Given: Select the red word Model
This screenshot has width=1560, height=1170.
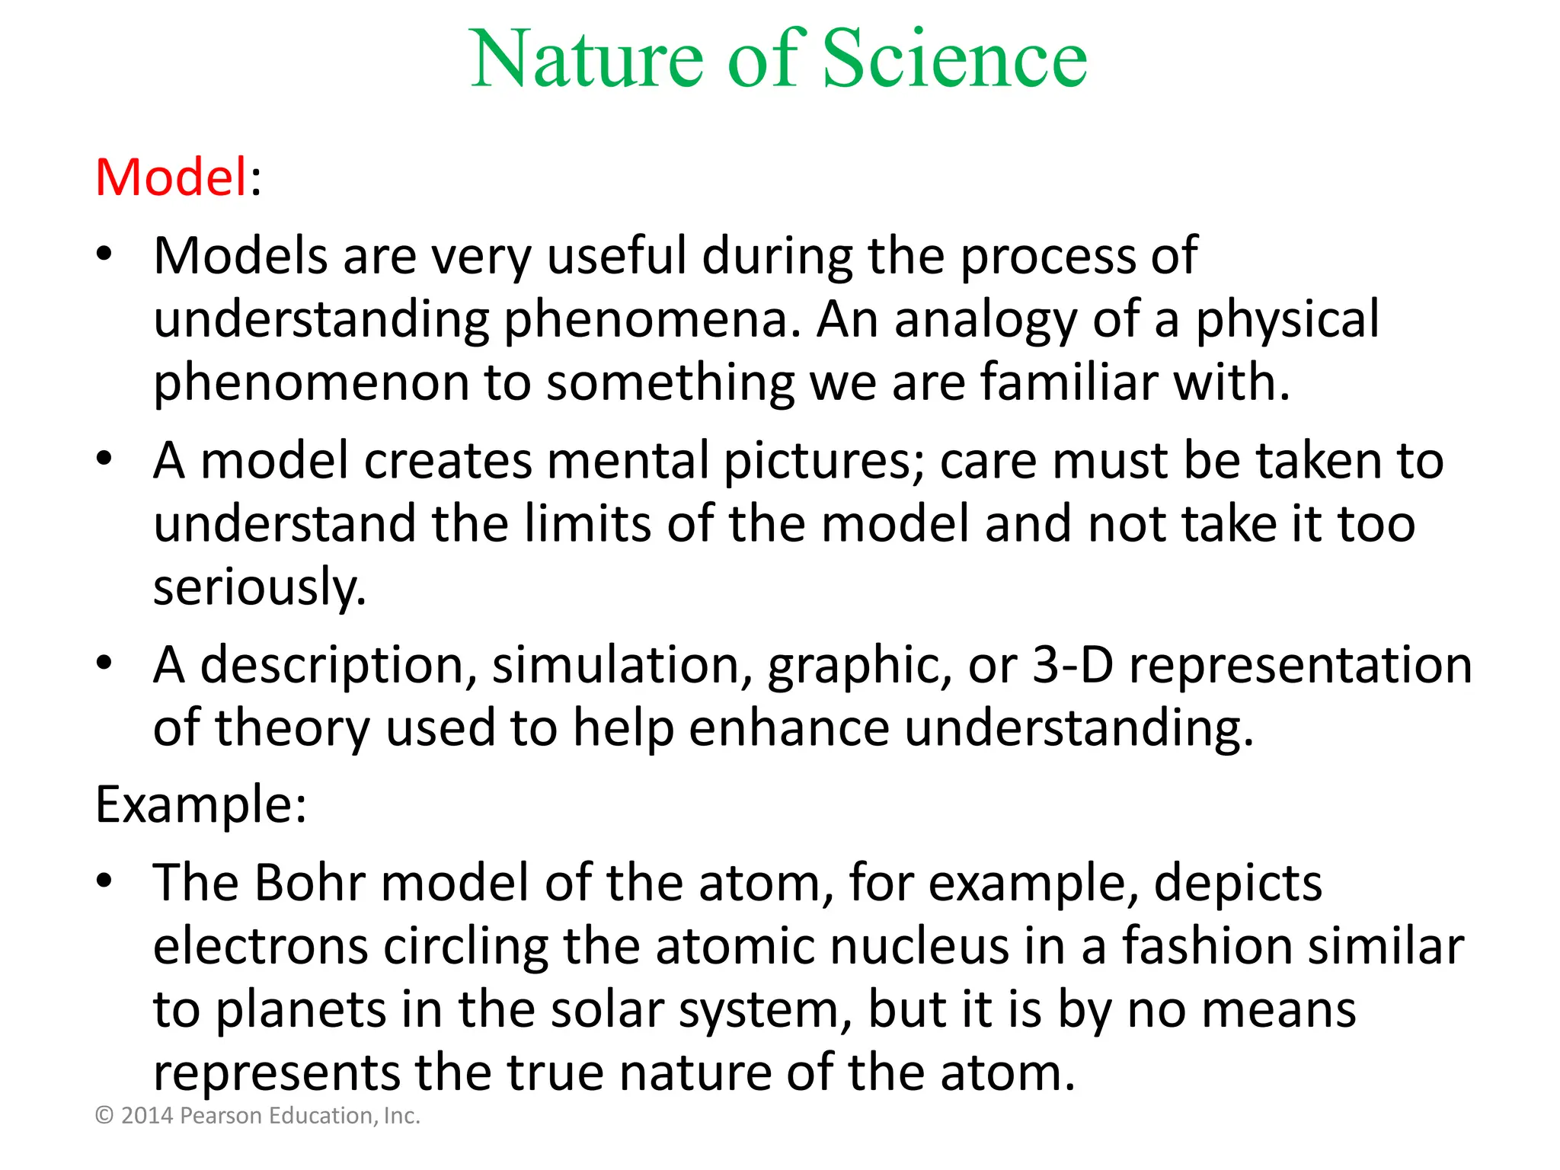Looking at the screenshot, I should point(171,177).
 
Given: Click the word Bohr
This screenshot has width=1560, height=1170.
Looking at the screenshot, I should point(309,884).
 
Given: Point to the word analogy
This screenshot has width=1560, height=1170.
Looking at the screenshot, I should point(986,320).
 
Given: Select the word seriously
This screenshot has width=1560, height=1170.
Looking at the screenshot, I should point(259,587).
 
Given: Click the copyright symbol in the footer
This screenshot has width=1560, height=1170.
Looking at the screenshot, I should point(104,1116).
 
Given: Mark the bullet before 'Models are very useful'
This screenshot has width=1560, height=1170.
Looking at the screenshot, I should point(104,254).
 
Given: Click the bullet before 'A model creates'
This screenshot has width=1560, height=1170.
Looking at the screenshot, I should point(104,459).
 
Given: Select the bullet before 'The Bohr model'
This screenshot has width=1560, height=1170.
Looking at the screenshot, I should point(104,881).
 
